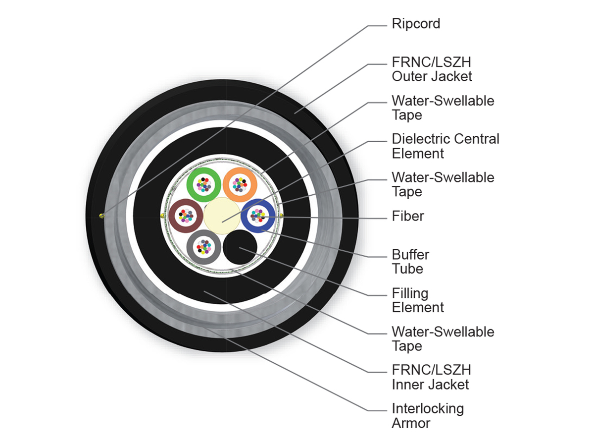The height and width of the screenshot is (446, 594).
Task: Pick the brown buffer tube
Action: (x=175, y=216)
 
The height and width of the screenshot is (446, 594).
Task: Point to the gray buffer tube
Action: (x=192, y=247)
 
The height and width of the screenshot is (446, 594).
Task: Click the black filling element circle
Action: (x=240, y=247)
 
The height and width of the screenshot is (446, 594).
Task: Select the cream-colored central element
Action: (x=222, y=216)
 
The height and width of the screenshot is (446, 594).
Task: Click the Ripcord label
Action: (x=416, y=24)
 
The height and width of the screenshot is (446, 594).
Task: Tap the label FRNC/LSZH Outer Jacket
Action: (x=432, y=69)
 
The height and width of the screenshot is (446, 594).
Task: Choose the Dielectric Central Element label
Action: (x=445, y=146)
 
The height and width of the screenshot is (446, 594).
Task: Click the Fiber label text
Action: (x=408, y=216)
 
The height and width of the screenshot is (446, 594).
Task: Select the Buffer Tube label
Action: (x=410, y=262)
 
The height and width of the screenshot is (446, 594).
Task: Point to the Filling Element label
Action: (x=418, y=300)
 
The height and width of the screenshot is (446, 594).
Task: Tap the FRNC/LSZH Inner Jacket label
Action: (x=431, y=377)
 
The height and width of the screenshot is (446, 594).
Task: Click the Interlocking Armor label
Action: (x=428, y=416)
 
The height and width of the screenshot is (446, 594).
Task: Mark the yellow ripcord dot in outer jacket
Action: (x=101, y=216)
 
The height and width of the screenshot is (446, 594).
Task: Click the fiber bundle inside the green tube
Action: (x=204, y=185)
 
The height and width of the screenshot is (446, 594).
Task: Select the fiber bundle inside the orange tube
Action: (x=240, y=185)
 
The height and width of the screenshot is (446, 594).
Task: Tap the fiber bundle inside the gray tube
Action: (x=204, y=247)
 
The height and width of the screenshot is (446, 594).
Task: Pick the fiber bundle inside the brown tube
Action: (x=186, y=216)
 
